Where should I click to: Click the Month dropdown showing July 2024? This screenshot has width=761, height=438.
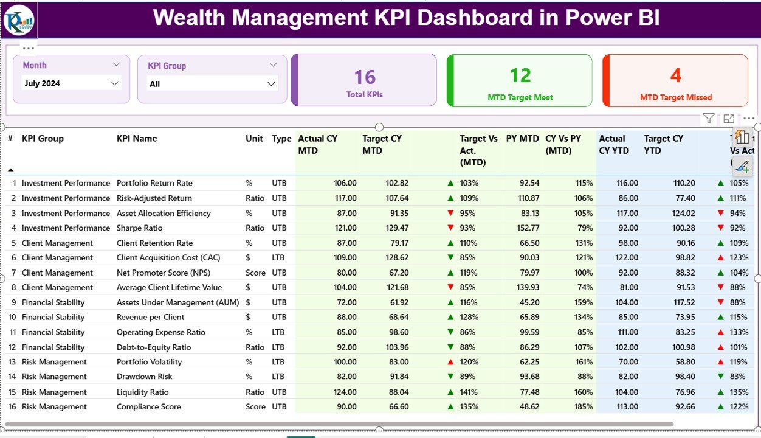(x=71, y=83)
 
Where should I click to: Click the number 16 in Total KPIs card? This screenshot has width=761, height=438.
(x=365, y=77)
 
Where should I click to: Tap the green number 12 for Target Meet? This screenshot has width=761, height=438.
(x=520, y=75)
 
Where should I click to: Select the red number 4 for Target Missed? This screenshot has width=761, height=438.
(x=675, y=75)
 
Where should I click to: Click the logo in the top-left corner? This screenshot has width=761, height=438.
(x=19, y=20)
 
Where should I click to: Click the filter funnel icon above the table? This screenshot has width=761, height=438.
(x=708, y=119)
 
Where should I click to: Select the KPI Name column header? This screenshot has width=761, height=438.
(x=137, y=139)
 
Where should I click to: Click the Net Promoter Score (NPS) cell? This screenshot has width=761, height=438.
(x=163, y=273)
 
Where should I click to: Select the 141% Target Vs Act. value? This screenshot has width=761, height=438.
(x=469, y=392)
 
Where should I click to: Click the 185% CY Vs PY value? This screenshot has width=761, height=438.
(x=583, y=407)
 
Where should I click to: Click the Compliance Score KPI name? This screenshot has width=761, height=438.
(x=148, y=407)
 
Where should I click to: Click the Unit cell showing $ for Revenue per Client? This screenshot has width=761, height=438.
(x=249, y=317)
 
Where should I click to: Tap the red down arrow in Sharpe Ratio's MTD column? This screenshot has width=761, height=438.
(x=450, y=228)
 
